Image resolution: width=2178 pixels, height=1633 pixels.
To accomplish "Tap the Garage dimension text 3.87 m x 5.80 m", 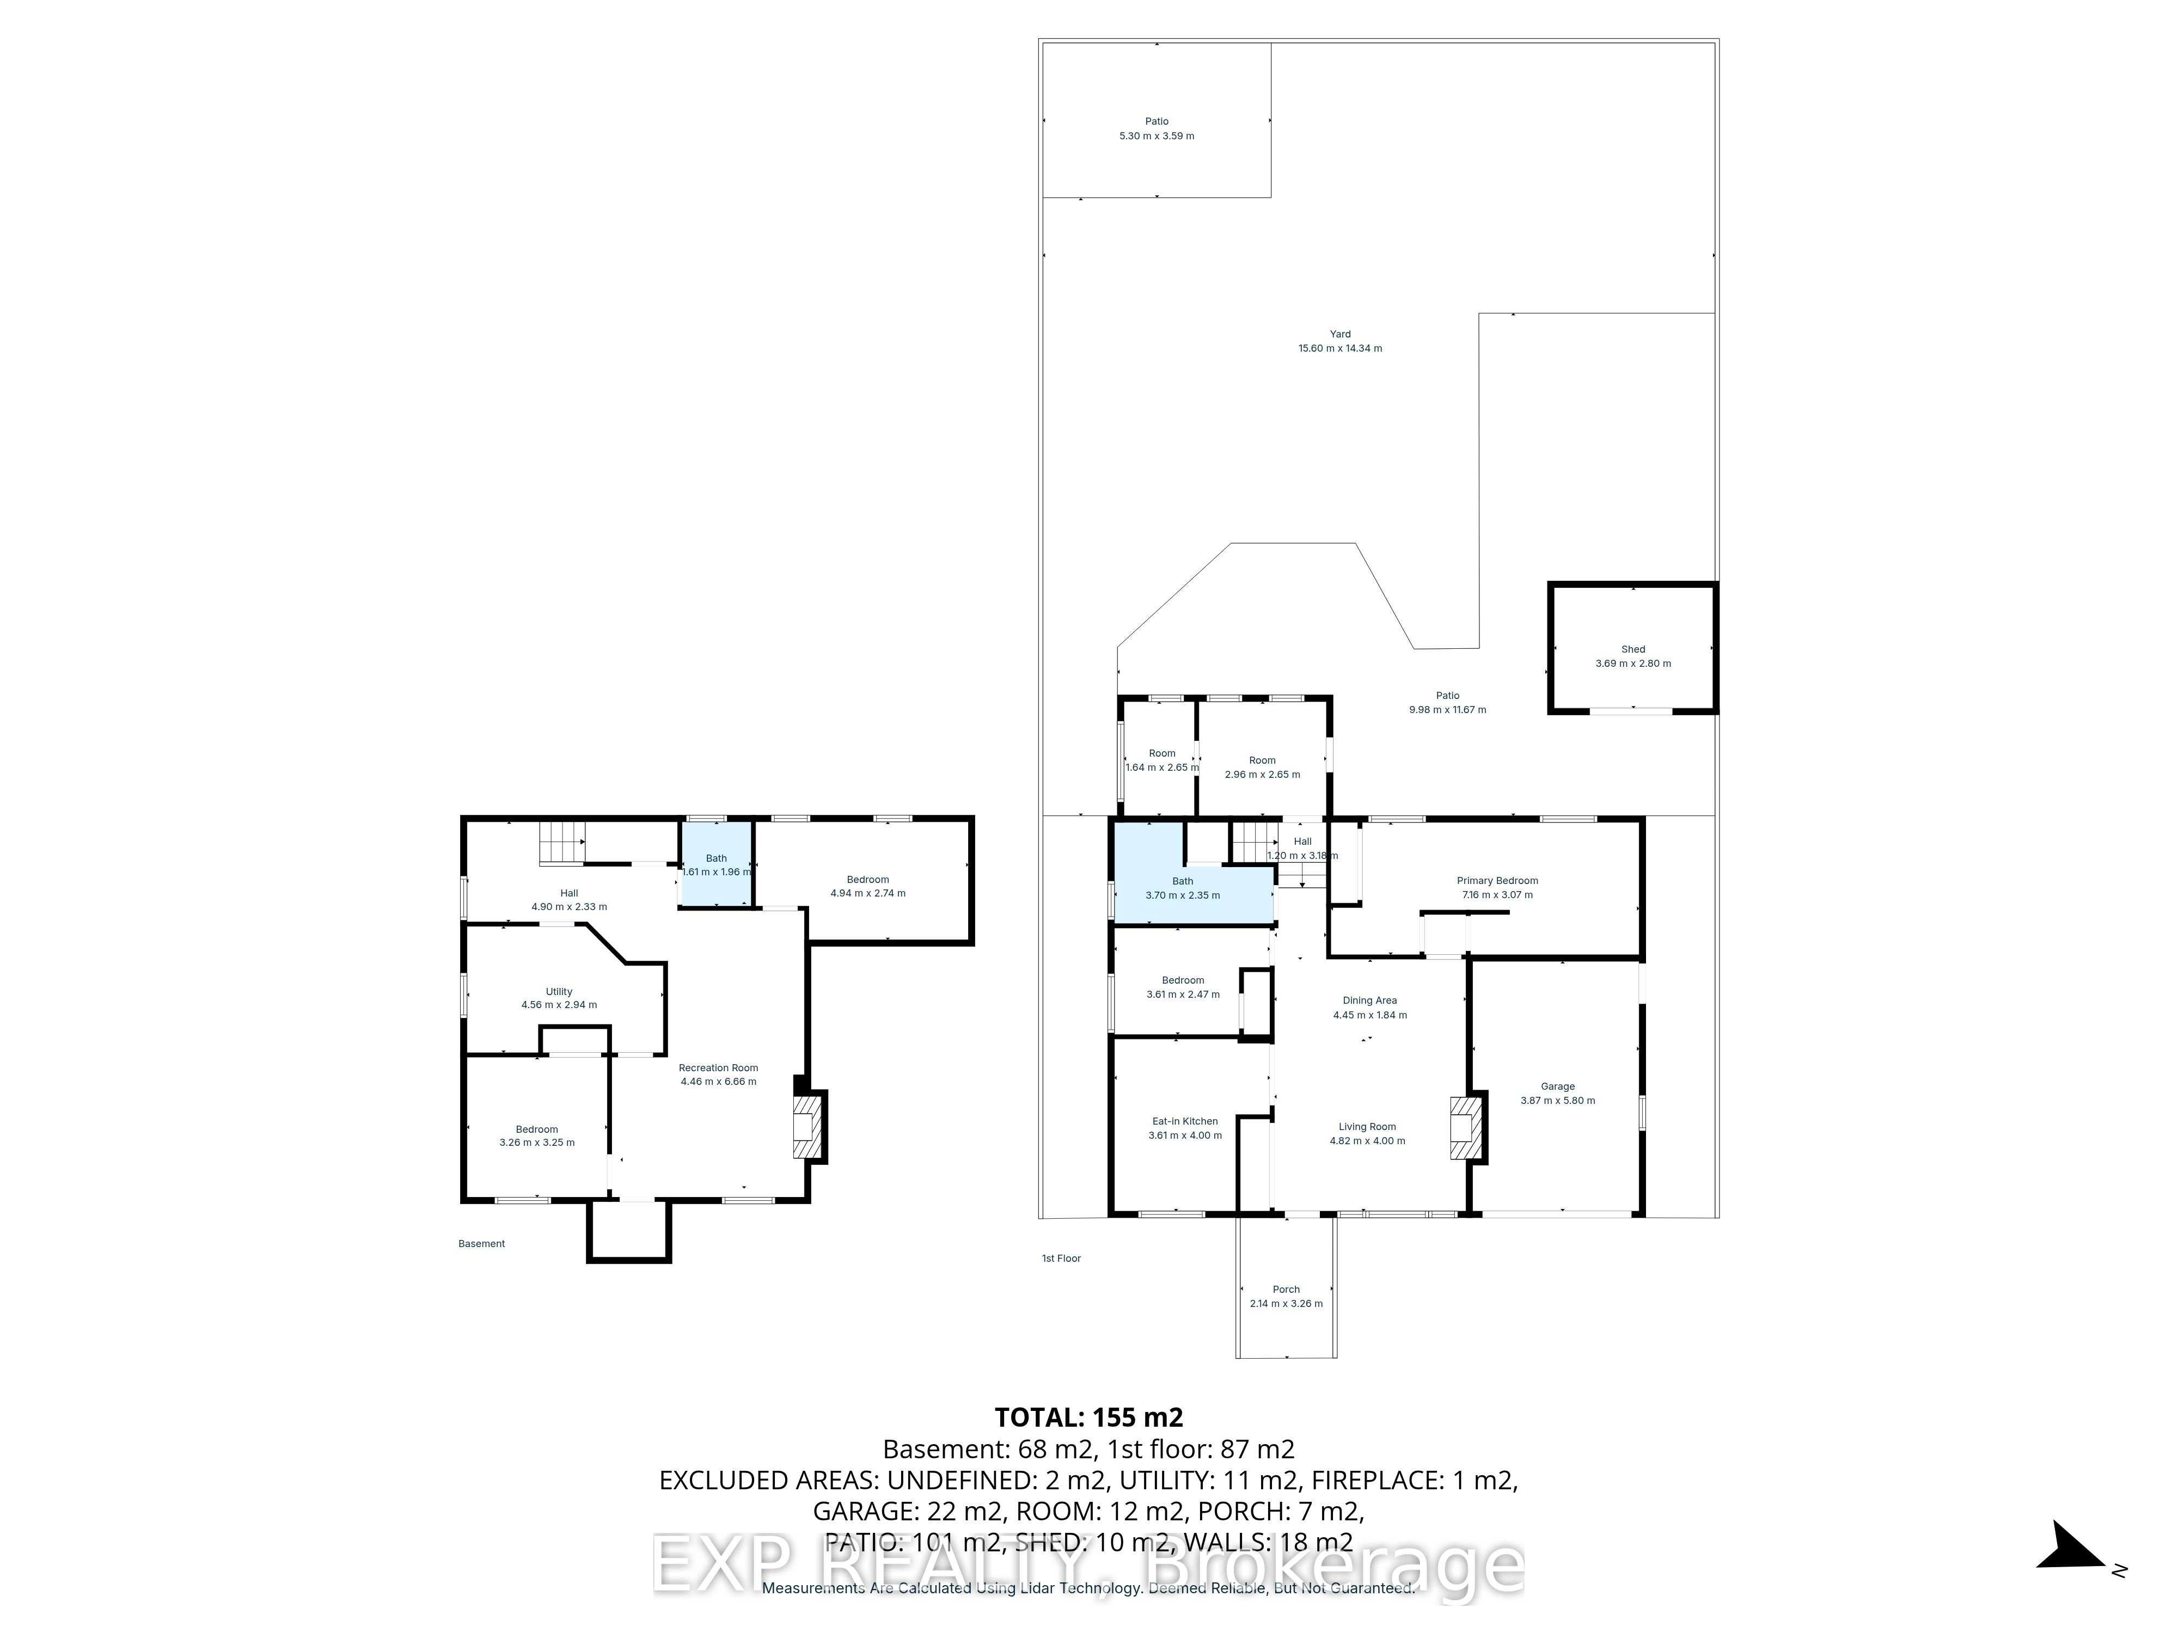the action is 1558,1101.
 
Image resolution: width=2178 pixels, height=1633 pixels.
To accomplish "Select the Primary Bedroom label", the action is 1497,881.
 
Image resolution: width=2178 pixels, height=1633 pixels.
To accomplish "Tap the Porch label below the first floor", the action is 1286,1290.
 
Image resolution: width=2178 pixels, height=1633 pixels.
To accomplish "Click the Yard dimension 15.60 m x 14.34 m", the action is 1340,348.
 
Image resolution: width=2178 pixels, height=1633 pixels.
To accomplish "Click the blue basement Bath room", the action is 717,864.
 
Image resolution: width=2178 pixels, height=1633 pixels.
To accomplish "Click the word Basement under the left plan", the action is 481,1244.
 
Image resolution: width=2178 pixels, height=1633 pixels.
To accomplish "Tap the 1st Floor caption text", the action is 1061,1259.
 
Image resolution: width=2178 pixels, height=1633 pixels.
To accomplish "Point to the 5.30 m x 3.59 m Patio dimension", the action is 1157,136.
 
